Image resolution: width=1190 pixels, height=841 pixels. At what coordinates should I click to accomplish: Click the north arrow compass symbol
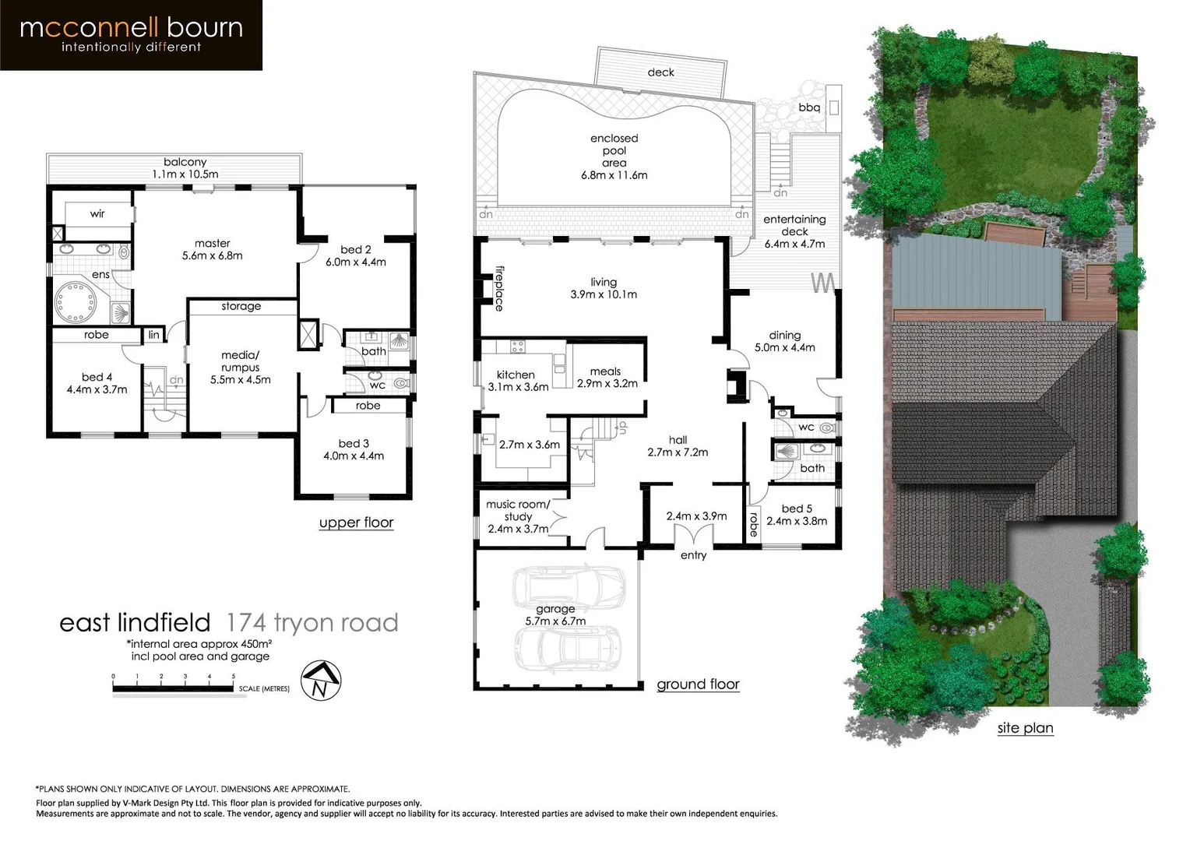pyautogui.click(x=320, y=681)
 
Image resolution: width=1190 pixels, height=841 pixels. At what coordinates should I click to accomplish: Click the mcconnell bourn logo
pyautogui.click(x=131, y=35)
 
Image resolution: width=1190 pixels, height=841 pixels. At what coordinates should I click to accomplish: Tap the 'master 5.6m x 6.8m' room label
pyautogui.click(x=212, y=249)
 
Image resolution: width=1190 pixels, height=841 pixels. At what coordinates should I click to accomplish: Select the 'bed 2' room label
pyautogui.click(x=355, y=255)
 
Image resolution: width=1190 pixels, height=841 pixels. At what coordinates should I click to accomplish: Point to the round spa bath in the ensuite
pyautogui.click(x=74, y=301)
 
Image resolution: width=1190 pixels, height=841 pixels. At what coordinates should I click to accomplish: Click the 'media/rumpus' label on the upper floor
pyautogui.click(x=240, y=367)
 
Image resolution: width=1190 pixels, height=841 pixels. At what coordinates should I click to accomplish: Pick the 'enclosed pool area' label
pyautogui.click(x=614, y=157)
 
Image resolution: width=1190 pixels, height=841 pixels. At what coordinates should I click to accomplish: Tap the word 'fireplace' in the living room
pyautogui.click(x=499, y=289)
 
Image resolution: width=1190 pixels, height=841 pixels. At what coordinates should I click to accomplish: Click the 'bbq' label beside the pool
pyautogui.click(x=808, y=107)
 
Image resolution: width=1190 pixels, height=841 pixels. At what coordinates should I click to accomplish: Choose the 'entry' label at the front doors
pyautogui.click(x=693, y=555)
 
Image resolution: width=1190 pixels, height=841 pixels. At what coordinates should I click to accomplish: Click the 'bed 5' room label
pyautogui.click(x=796, y=515)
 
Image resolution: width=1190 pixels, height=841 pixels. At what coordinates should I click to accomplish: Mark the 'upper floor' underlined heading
pyautogui.click(x=356, y=523)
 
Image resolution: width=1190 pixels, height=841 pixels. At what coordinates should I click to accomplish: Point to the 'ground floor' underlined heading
pyautogui.click(x=698, y=684)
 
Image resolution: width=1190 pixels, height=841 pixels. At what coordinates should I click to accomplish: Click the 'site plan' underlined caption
pyautogui.click(x=1025, y=728)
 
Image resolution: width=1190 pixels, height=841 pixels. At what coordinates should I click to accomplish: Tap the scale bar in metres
pyautogui.click(x=173, y=688)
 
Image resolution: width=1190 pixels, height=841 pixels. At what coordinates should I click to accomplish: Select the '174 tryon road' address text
pyautogui.click(x=312, y=623)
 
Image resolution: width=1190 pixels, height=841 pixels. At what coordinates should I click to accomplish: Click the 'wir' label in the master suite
pyautogui.click(x=97, y=213)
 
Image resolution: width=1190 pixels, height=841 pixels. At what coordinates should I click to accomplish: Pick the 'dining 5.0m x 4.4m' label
pyautogui.click(x=784, y=341)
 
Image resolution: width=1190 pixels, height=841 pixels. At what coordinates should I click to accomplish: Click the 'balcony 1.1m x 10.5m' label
pyautogui.click(x=185, y=168)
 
